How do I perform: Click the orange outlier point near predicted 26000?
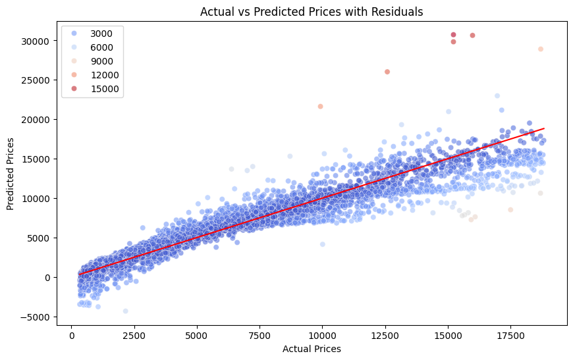point(387,72)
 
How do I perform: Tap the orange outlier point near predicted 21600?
point(320,106)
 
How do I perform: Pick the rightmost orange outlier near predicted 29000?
point(541,49)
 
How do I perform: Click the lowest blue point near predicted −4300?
point(125,311)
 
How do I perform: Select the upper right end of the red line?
point(544,129)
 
